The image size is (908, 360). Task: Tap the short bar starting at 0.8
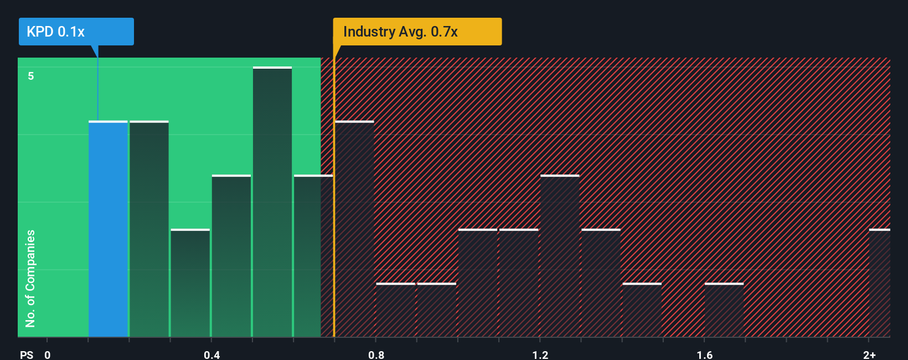(396, 310)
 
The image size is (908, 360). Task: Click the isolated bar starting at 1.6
(724, 310)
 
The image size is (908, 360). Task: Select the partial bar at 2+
(879, 283)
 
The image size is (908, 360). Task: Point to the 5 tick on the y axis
(31, 76)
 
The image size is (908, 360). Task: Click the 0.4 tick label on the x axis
(211, 354)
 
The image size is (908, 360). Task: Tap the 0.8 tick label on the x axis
(376, 354)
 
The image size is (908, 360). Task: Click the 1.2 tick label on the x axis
(540, 354)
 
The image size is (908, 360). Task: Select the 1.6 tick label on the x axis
(704, 354)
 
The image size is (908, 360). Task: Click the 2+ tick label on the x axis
(869, 354)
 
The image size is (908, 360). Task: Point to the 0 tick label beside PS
(48, 354)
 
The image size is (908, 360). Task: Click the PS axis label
(27, 354)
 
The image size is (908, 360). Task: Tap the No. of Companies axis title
(30, 278)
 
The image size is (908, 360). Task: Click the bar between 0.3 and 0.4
(190, 283)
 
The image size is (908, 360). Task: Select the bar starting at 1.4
(642, 310)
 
